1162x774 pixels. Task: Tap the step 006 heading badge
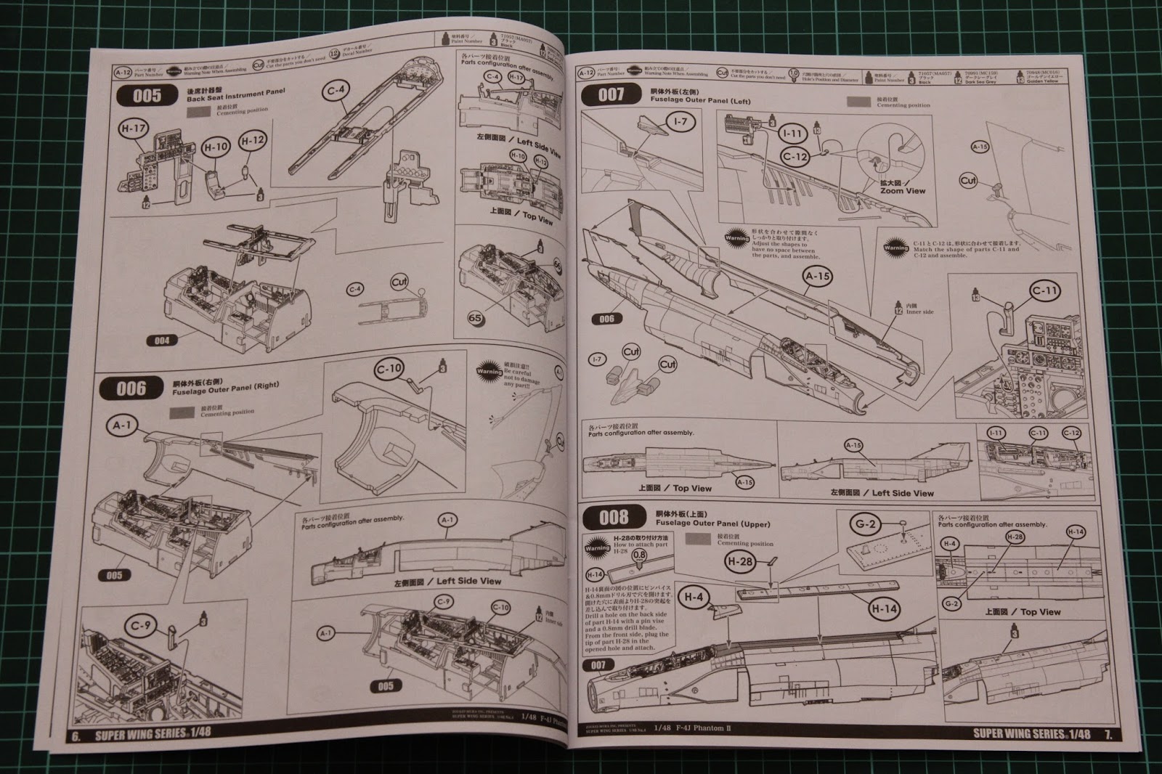click(x=131, y=388)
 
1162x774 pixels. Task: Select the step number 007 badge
click(x=610, y=94)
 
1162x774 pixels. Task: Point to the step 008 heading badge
click(x=614, y=517)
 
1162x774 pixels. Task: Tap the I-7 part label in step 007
click(x=680, y=122)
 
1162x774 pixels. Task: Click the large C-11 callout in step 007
click(x=1044, y=292)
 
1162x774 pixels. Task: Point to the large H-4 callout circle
click(x=693, y=598)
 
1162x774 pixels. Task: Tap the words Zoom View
click(x=903, y=190)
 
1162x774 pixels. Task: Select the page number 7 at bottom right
click(x=1108, y=734)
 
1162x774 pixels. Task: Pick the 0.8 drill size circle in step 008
click(x=639, y=555)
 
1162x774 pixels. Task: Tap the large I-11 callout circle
click(x=793, y=134)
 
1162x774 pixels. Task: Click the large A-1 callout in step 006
click(x=121, y=425)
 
